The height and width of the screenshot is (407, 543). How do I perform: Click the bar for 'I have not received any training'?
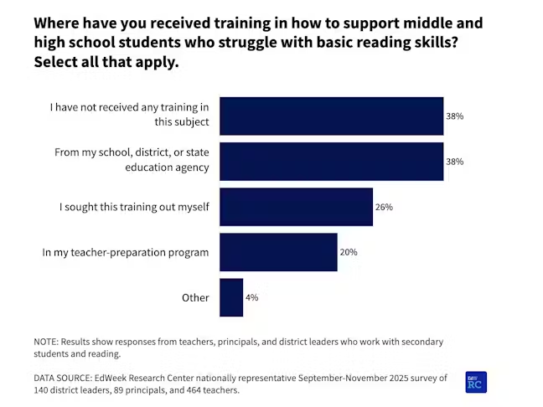(331, 116)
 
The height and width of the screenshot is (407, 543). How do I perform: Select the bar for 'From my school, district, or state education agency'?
(331, 162)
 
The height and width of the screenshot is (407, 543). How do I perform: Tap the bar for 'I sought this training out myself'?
(296, 207)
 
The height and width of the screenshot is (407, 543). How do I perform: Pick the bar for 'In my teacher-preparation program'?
(278, 252)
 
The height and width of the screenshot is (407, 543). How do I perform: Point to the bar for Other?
(231, 297)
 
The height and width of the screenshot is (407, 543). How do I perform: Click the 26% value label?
(384, 207)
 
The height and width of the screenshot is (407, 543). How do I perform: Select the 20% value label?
(349, 252)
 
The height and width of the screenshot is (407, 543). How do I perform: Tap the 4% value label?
(251, 297)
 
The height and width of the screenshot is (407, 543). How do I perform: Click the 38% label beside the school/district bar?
(454, 162)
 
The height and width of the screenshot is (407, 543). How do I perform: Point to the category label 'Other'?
(195, 297)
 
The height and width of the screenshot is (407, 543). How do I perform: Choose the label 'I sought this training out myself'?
(134, 207)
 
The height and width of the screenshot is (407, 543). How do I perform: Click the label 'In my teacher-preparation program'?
(126, 252)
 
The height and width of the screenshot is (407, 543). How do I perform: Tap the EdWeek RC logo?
(476, 382)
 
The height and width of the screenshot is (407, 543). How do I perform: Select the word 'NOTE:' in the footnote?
(49, 342)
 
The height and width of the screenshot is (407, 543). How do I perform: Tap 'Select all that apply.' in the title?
(106, 62)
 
